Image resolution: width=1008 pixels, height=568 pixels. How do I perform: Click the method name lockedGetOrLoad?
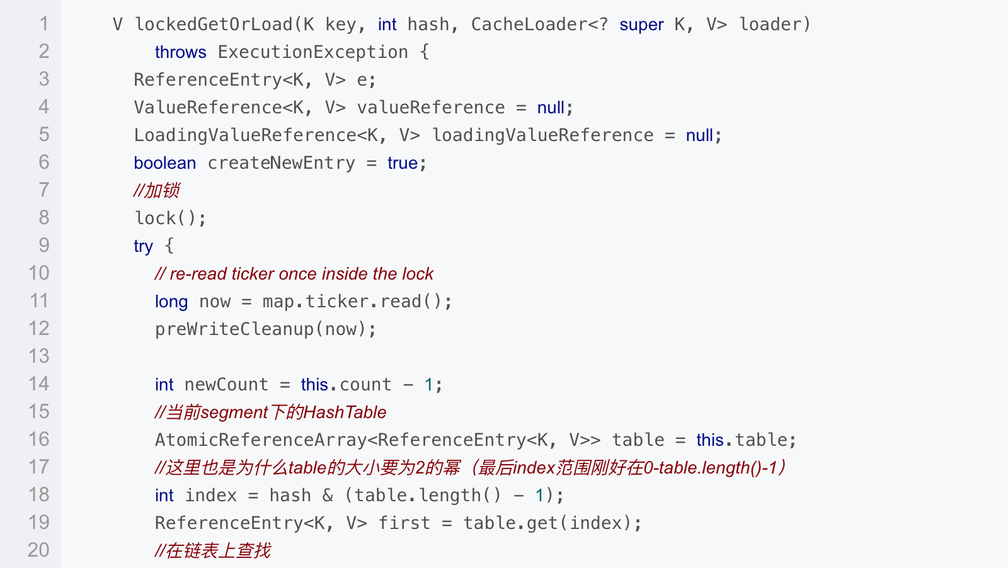point(214,25)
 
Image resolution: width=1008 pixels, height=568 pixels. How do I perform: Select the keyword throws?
point(180,52)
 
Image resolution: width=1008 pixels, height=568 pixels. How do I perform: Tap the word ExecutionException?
point(312,52)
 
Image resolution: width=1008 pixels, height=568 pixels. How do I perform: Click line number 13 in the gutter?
point(38,356)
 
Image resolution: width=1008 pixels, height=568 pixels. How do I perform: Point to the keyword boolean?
point(164,163)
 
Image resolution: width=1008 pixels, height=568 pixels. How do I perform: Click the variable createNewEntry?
point(281,163)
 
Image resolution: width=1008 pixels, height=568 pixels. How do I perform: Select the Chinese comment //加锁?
point(157,190)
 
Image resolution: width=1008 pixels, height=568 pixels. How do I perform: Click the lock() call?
point(170,219)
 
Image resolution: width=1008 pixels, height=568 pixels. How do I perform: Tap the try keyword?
point(143,246)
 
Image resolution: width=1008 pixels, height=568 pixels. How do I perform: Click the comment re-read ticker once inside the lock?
point(294,274)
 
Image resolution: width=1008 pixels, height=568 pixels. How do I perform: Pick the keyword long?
point(171,302)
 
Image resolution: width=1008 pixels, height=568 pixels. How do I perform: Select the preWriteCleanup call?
point(265,329)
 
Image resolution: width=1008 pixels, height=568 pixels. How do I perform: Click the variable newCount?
point(226,385)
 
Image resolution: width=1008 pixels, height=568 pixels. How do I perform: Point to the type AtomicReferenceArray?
point(261,440)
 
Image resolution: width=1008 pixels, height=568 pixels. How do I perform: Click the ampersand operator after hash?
point(328,496)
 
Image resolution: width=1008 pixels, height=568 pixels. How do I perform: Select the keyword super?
point(641,25)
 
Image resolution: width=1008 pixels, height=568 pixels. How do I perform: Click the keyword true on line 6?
point(403,163)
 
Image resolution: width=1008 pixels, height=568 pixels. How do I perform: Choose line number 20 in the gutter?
point(38,550)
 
